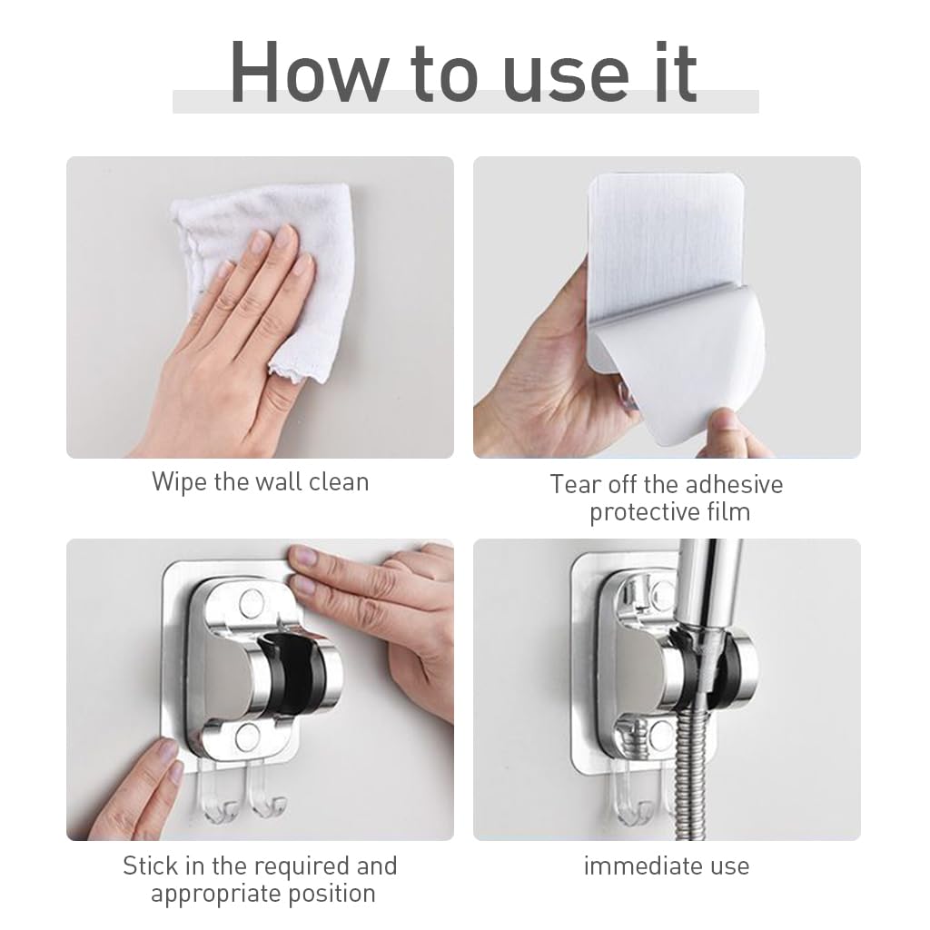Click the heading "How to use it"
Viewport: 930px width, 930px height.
[x=464, y=72]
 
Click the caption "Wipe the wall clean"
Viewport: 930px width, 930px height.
[x=260, y=480]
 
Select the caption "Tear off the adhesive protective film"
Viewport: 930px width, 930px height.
[x=667, y=498]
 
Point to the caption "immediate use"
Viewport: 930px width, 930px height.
[x=667, y=866]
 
